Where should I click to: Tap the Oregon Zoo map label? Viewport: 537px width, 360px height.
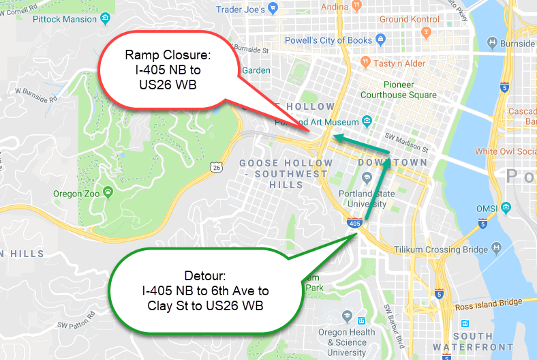tap(76, 194)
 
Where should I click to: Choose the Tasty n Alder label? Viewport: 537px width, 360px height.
tap(400, 63)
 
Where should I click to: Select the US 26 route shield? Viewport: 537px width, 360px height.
tap(216, 166)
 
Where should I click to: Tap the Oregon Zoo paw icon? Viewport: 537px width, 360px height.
tap(107, 192)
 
